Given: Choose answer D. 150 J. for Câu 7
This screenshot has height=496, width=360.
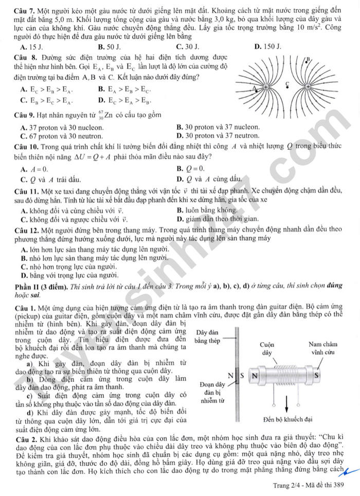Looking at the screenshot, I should (268, 47).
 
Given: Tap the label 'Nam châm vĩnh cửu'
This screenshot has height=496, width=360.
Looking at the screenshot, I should (322, 348).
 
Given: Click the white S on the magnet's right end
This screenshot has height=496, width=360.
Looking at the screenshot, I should (316, 375).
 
